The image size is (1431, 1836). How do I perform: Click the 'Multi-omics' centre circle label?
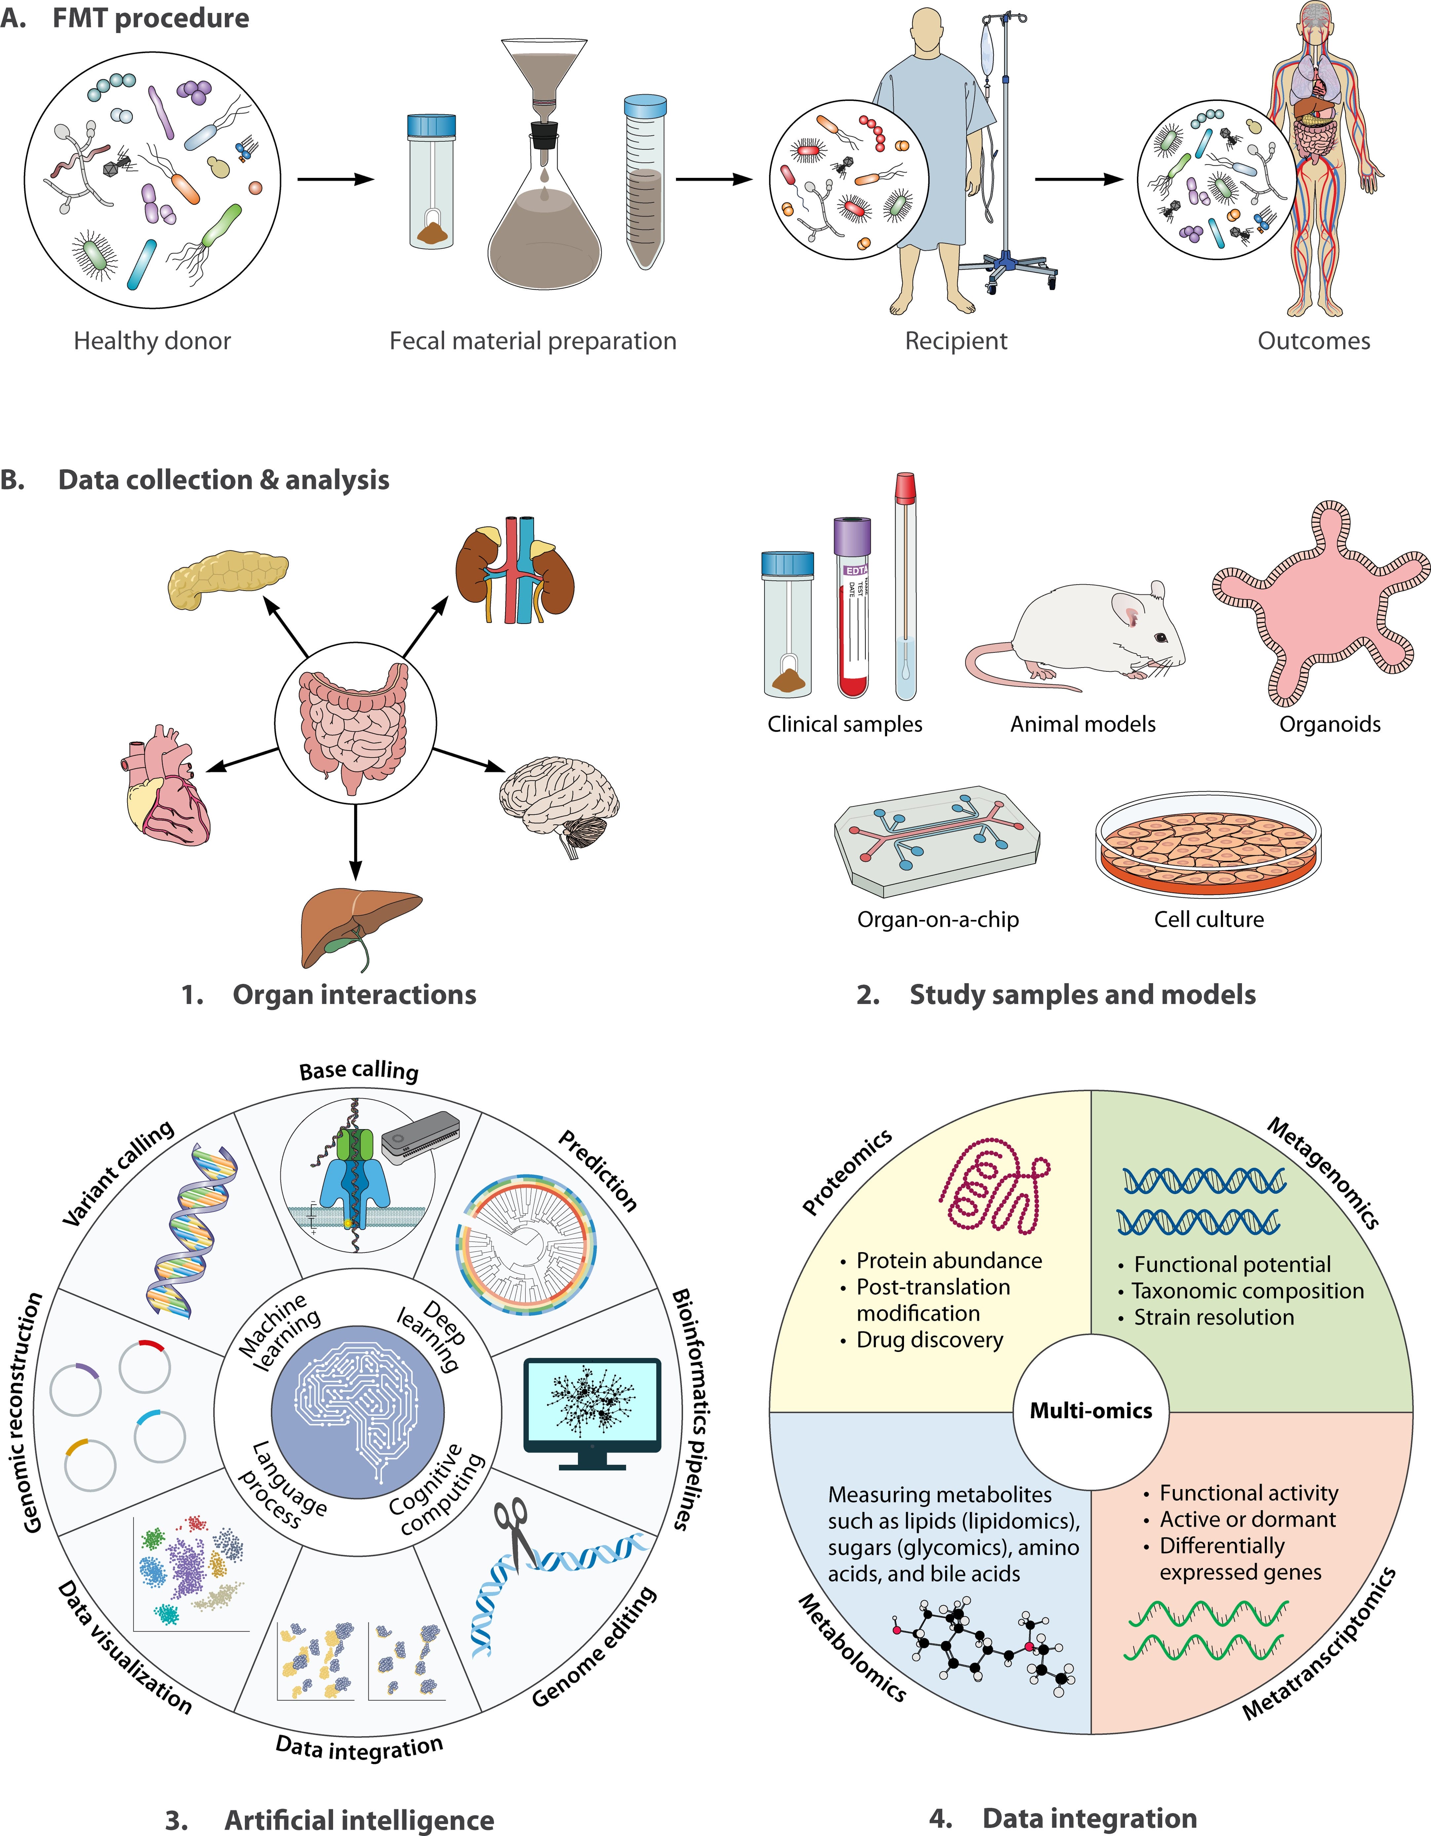(1091, 1410)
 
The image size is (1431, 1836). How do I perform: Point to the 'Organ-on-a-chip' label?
(938, 920)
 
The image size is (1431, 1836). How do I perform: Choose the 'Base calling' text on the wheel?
(359, 1070)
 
